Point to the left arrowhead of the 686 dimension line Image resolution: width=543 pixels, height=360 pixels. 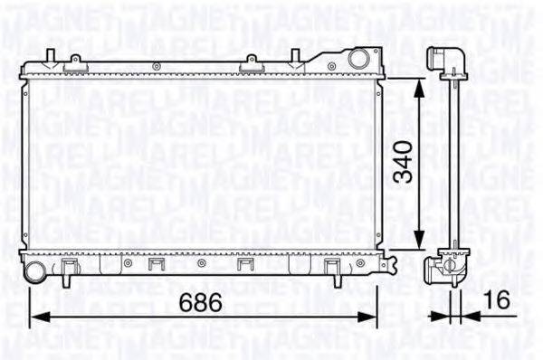(x=37, y=317)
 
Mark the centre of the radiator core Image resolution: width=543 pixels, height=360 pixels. (x=204, y=165)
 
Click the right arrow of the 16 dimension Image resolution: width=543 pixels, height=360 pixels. (x=464, y=317)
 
